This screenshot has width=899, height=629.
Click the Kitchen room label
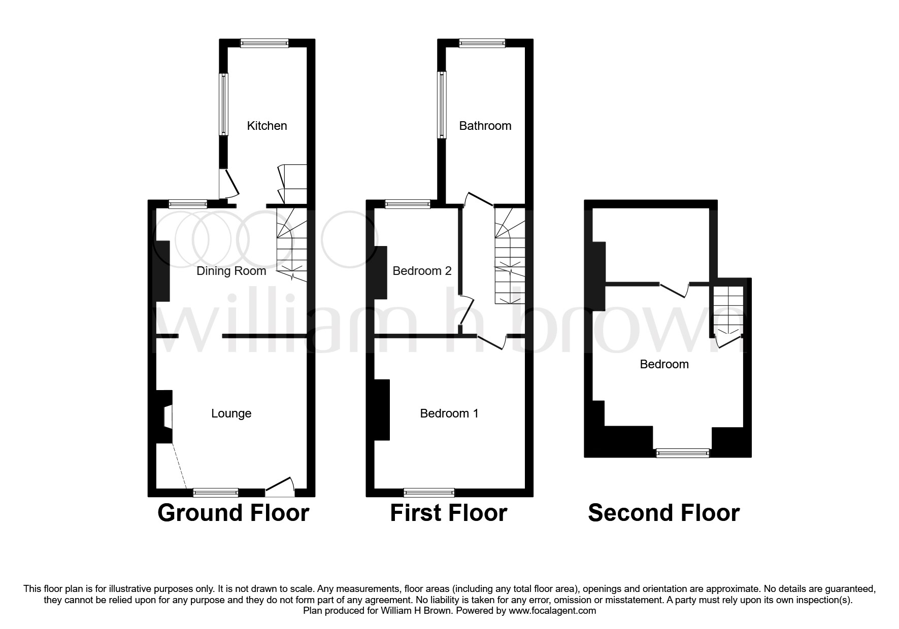[267, 126]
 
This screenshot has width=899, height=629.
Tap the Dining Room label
[231, 271]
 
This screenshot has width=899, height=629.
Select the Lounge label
[231, 413]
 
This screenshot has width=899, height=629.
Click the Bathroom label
[485, 126]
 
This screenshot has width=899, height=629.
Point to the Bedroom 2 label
[422, 271]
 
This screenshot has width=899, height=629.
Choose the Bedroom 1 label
[449, 413]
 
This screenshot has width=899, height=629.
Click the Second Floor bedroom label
[664, 364]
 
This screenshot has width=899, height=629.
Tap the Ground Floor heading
[233, 513]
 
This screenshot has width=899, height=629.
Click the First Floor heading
[448, 513]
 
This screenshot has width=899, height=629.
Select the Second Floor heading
[663, 513]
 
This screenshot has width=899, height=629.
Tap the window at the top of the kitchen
[264, 44]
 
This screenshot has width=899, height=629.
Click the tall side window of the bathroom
[442, 104]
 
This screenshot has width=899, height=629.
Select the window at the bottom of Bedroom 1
[429, 492]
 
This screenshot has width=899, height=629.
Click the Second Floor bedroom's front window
[682, 453]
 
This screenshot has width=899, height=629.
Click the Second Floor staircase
[728, 309]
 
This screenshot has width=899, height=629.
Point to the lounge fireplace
[165, 416]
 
